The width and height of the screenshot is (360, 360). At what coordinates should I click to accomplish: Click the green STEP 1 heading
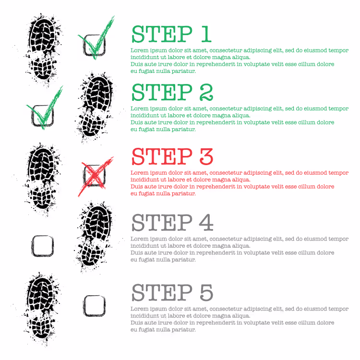coord(171,34)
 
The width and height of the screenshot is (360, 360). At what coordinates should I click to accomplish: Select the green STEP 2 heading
coord(172,92)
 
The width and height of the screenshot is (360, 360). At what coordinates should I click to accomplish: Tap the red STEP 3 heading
coord(172,156)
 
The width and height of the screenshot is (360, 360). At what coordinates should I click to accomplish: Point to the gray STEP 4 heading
coord(172,222)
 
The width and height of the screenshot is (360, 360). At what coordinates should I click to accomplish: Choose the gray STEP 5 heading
coord(172,292)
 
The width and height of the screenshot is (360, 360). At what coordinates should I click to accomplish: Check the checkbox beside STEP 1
coord(95,45)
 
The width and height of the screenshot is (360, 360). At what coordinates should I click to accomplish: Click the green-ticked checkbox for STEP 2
coord(43,116)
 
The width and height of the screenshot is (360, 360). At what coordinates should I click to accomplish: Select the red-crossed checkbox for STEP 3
coord(95,175)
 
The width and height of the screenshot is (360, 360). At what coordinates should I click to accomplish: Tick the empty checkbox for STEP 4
coord(43,246)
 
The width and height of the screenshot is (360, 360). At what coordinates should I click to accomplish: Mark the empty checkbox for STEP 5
coord(95,306)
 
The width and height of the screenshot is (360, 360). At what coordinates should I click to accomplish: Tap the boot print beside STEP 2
coord(96,107)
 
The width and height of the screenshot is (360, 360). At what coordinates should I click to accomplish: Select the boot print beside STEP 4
coord(95,237)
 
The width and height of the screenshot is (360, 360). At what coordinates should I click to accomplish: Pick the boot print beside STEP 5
coord(42,309)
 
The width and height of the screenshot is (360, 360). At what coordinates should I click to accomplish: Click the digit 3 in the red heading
coord(206,156)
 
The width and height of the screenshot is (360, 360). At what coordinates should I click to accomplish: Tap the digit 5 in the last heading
coord(206,293)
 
